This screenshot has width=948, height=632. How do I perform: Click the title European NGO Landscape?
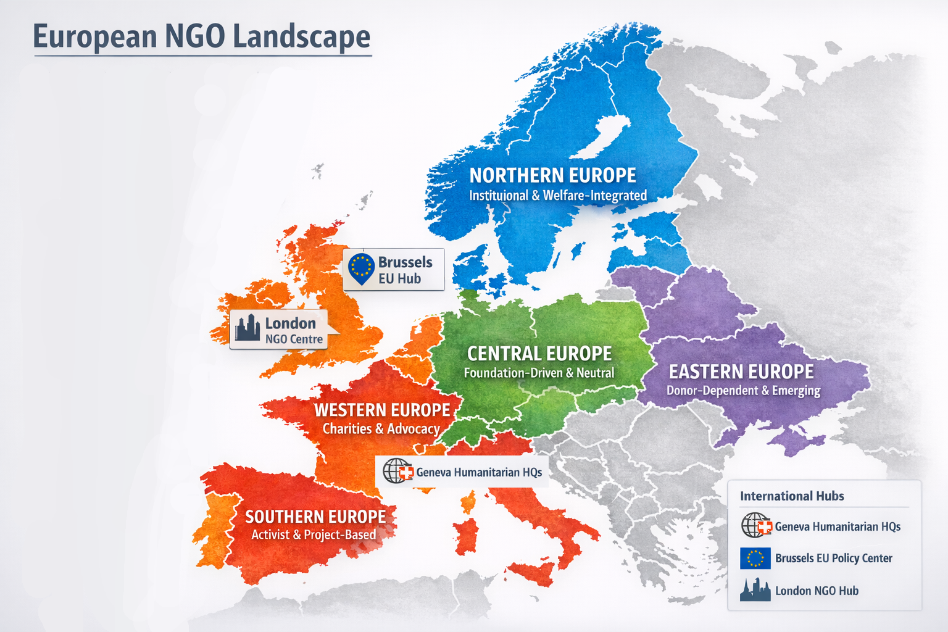201,36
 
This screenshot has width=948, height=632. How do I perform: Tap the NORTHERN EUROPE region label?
552,176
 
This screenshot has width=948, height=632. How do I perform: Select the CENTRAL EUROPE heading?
539,354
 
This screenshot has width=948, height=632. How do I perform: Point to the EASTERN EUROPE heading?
741,372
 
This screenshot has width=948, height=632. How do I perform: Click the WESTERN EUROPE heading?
382,410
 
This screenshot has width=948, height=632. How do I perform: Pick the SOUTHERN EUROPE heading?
315,517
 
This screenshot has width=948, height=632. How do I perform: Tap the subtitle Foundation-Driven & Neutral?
539,373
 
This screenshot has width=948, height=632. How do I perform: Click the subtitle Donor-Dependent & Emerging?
743,391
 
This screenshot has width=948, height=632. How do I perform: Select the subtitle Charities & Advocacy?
381,429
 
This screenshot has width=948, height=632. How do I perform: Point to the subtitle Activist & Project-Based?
314,534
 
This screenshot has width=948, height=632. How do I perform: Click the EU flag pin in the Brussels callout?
361,268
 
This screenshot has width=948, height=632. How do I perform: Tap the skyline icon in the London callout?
247,328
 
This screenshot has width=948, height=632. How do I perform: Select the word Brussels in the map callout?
405,262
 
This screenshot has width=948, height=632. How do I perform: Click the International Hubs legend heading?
792,496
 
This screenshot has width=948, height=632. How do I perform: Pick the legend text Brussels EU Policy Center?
833,558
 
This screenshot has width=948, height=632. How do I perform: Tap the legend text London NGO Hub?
817,591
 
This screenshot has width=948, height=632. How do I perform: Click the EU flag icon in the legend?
755,558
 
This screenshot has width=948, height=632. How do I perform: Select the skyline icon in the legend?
755,590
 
